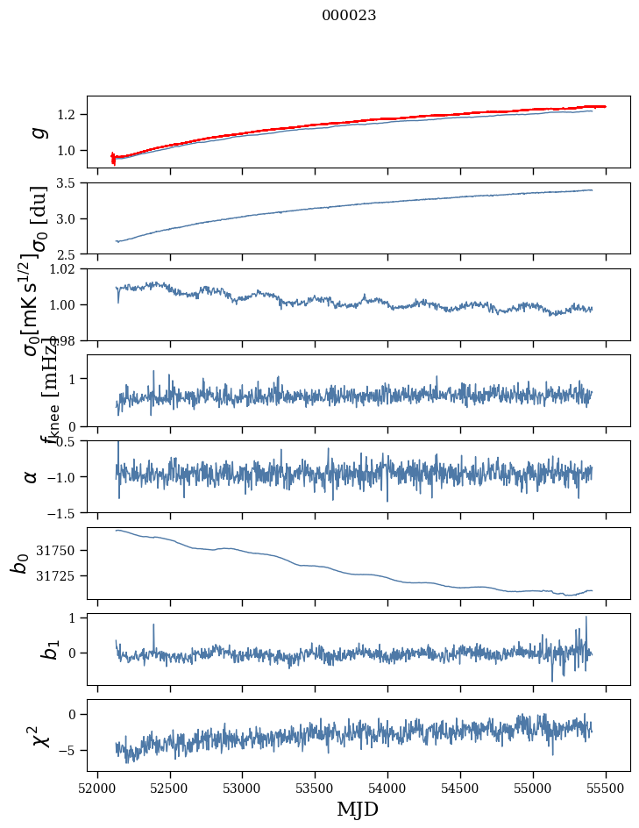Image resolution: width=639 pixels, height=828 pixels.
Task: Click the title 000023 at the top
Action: (349, 15)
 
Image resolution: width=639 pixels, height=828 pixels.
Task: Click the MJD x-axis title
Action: (358, 809)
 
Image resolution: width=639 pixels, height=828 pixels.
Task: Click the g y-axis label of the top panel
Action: (37, 132)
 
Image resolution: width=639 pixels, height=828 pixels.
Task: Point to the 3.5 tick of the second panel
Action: (69, 183)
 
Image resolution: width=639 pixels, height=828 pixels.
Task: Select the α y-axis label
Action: (32, 476)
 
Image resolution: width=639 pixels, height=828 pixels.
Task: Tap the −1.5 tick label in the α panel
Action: (63, 512)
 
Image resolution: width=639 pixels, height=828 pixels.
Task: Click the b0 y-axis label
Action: (19, 563)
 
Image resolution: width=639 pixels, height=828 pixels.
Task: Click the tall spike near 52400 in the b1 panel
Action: (154, 625)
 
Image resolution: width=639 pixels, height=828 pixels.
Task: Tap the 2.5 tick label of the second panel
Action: (69, 254)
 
